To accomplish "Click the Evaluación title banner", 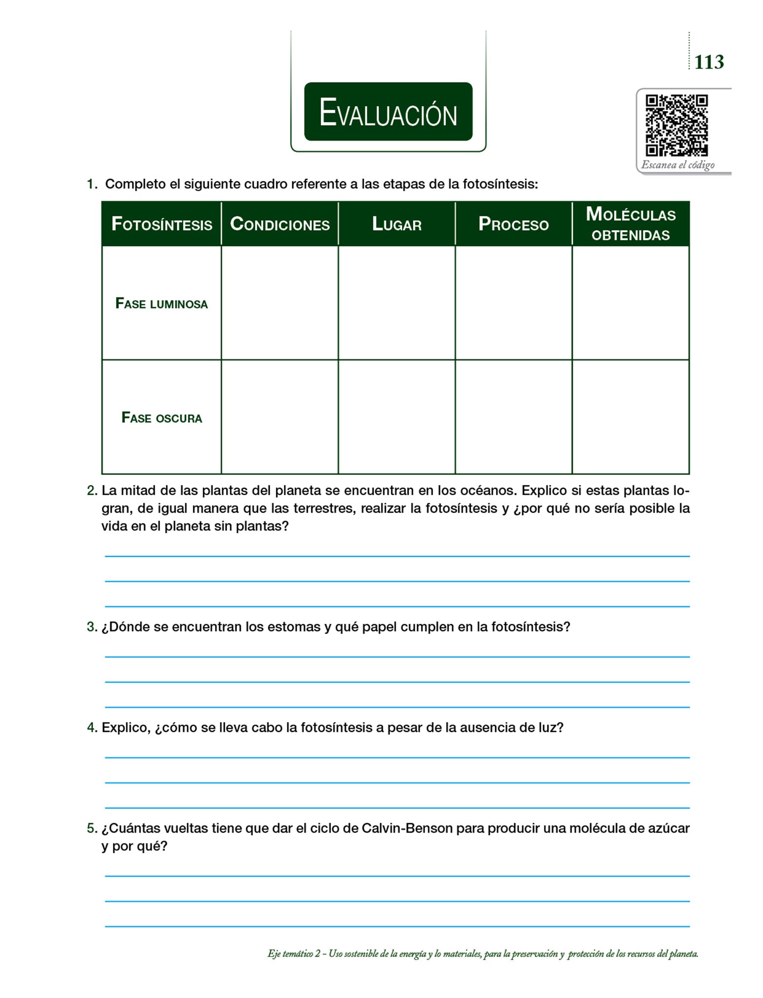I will coord(388,112).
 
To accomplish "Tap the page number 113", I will coord(708,62).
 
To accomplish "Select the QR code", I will coord(676,126).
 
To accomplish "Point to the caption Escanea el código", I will coord(678,165).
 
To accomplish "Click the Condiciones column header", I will coord(280,224).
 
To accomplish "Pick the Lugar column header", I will coord(397,224).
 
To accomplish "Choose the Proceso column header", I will coord(513,224).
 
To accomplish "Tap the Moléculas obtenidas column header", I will coord(630,224).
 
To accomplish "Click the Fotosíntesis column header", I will coord(161,224).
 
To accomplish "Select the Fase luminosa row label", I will coord(161,304).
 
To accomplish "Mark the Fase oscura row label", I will coord(161,418).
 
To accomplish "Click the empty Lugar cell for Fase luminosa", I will coord(397,303).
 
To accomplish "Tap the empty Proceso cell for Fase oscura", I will coord(513,417).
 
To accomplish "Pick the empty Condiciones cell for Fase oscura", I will coord(280,417).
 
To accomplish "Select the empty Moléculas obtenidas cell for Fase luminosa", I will coord(630,303).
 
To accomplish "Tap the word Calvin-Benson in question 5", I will coord(407,828).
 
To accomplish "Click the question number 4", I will coord(92,728).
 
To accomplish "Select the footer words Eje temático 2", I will coord(294,954).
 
